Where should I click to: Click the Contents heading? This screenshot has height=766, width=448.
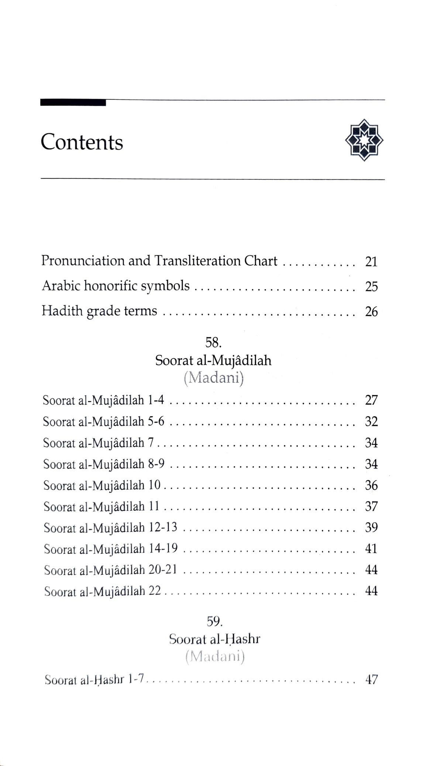(82, 142)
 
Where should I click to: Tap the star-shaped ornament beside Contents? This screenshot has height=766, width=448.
(364, 140)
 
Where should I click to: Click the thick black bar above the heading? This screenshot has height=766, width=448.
(73, 103)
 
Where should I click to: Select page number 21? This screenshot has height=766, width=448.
(371, 262)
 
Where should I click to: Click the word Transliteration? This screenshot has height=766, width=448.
(197, 261)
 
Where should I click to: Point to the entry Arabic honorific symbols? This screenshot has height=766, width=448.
(116, 286)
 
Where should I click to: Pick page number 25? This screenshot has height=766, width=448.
(371, 287)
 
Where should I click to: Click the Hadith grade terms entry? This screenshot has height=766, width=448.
(99, 311)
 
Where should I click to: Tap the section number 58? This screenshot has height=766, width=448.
(213, 343)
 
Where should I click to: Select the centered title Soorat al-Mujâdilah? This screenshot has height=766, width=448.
(213, 360)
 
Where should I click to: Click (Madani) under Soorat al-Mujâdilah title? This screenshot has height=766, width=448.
(214, 378)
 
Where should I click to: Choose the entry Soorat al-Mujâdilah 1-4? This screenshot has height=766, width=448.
(103, 400)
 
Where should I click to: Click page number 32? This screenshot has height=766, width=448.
(371, 422)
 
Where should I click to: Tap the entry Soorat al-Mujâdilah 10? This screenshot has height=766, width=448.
(102, 486)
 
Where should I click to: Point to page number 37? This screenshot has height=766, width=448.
(371, 507)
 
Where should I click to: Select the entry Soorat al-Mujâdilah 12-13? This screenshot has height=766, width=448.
(110, 528)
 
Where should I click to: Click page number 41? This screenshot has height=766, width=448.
(371, 549)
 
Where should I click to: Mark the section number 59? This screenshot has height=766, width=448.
(214, 622)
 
